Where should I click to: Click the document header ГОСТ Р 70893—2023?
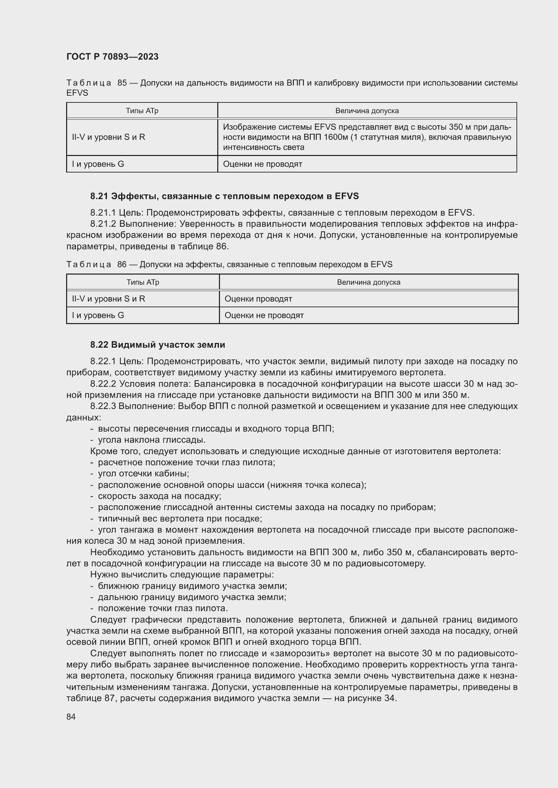click(x=112, y=57)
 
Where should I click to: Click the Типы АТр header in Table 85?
click(x=142, y=111)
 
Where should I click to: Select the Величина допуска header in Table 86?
click(x=368, y=282)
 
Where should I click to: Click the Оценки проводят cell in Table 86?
click(x=258, y=298)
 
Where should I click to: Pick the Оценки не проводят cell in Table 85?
click(x=262, y=164)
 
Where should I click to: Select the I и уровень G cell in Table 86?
click(x=98, y=315)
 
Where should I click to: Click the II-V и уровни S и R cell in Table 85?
click(x=109, y=137)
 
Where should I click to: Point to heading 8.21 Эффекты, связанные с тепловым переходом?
click(x=224, y=196)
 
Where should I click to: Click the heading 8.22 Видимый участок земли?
click(x=158, y=345)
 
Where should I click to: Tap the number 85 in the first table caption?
click(x=122, y=83)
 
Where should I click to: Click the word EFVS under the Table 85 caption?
click(x=77, y=93)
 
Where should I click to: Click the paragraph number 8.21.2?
click(x=103, y=224)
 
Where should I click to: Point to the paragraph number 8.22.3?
click(x=103, y=406)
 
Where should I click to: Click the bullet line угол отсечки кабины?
click(x=143, y=474)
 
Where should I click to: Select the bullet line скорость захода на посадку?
click(x=160, y=496)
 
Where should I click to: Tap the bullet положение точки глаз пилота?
click(x=163, y=608)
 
